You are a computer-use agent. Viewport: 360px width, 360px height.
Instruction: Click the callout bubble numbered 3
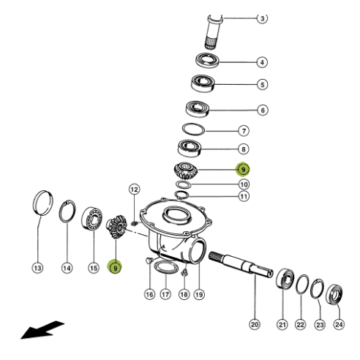coord(262,18)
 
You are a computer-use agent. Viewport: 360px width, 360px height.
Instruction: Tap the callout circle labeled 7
coord(244,131)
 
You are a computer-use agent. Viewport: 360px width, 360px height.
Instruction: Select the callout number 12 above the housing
coord(135,190)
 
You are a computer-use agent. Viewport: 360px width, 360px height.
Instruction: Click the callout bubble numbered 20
coord(255,325)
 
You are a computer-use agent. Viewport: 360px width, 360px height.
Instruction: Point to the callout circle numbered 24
coord(339,325)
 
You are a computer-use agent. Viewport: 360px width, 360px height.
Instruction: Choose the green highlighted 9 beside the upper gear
coord(243,169)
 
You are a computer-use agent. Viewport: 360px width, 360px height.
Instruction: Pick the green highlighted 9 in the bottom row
coord(115,266)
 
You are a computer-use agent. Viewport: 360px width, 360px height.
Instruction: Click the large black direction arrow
coord(42,330)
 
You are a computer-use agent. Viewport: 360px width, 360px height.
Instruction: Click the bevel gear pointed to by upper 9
coord(186,170)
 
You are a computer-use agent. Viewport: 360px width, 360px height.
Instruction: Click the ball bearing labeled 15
coord(91,218)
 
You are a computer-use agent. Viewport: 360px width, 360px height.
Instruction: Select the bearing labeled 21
coord(285,279)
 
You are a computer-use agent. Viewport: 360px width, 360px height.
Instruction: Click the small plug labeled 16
coord(149,260)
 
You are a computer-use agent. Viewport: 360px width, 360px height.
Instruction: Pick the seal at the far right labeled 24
coord(334,294)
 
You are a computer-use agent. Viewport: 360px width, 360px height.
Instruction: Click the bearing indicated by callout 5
coord(203,83)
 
